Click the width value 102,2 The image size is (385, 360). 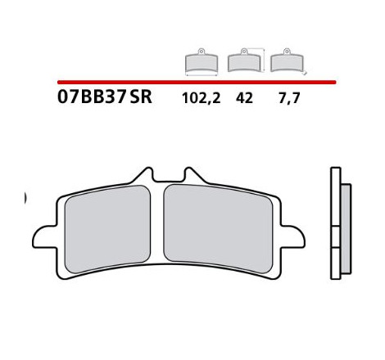click(x=202, y=98)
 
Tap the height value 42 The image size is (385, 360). click(x=244, y=98)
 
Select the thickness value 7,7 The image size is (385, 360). click(x=289, y=98)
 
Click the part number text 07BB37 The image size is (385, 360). click(x=92, y=97)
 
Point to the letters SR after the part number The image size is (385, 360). click(x=141, y=97)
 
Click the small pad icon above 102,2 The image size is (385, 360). click(x=202, y=61)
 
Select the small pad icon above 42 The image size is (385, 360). click(x=244, y=61)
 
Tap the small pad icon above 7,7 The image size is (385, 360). click(x=287, y=61)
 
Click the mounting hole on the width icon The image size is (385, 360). click(x=202, y=51)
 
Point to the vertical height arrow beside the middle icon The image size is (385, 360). click(x=264, y=61)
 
